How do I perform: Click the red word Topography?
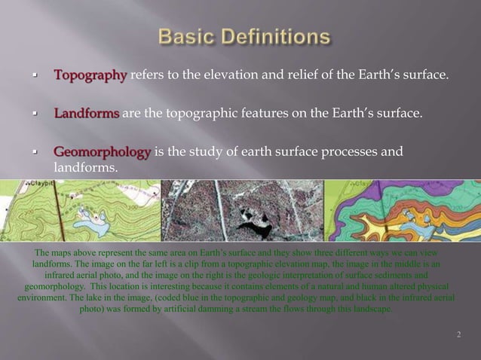point(90,75)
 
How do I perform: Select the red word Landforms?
point(86,114)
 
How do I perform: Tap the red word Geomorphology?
point(102,152)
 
